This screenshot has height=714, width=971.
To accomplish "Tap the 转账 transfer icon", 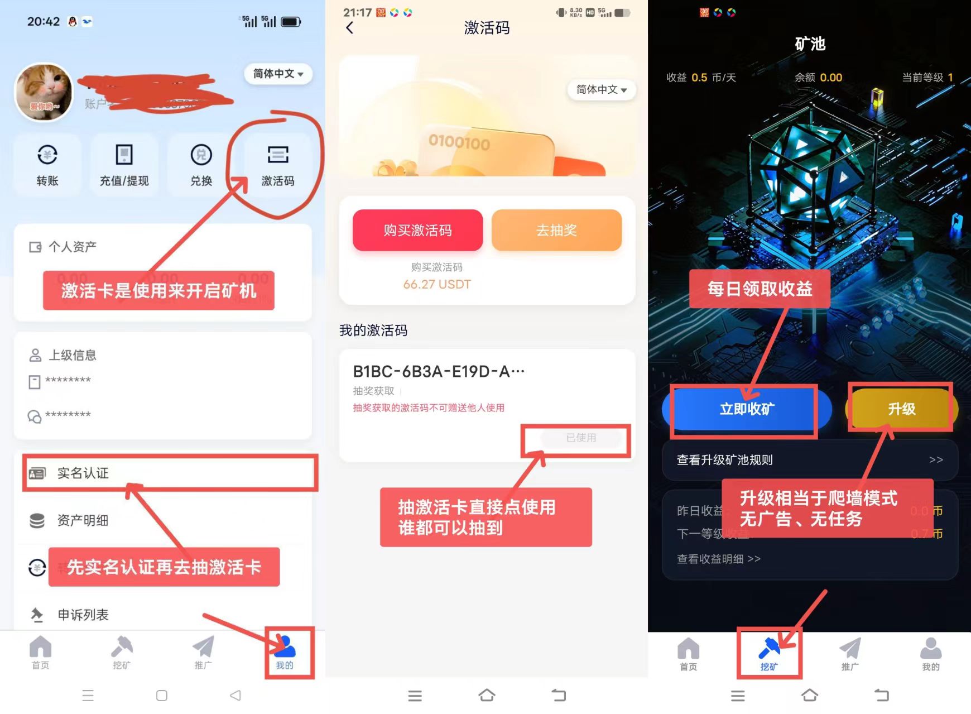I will (x=47, y=164).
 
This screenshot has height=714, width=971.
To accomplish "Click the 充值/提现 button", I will (x=124, y=164).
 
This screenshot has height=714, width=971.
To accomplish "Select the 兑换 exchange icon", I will (x=201, y=164).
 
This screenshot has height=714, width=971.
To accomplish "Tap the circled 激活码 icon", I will (x=277, y=164).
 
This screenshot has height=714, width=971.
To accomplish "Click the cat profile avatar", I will (x=44, y=92).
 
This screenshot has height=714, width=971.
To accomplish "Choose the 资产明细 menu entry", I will (x=83, y=520).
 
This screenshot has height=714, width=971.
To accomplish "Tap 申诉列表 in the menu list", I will (x=83, y=615).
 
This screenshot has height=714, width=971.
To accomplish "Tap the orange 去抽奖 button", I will (x=556, y=230).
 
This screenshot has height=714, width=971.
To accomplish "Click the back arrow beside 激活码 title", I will (x=350, y=28).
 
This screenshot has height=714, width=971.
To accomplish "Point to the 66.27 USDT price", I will (x=437, y=284).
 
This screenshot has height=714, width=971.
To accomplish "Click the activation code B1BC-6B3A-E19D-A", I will (x=439, y=371).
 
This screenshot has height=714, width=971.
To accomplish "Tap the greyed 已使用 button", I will (x=581, y=438).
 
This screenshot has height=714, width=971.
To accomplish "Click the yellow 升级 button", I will (x=901, y=409).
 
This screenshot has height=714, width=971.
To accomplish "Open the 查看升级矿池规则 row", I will (x=809, y=460).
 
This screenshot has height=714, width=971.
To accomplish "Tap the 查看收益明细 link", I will (x=718, y=559).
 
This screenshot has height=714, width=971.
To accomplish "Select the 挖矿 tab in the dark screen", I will (x=768, y=653).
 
